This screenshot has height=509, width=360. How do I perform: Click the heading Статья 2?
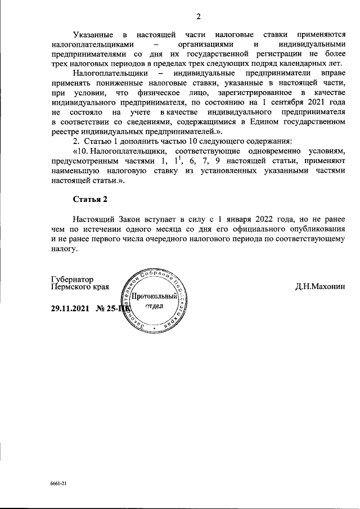89,199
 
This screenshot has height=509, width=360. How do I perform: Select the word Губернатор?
72,280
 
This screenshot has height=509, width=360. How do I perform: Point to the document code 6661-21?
58,483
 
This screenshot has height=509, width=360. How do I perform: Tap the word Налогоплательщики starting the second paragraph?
110,73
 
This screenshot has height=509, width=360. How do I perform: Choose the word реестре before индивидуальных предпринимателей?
65,130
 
